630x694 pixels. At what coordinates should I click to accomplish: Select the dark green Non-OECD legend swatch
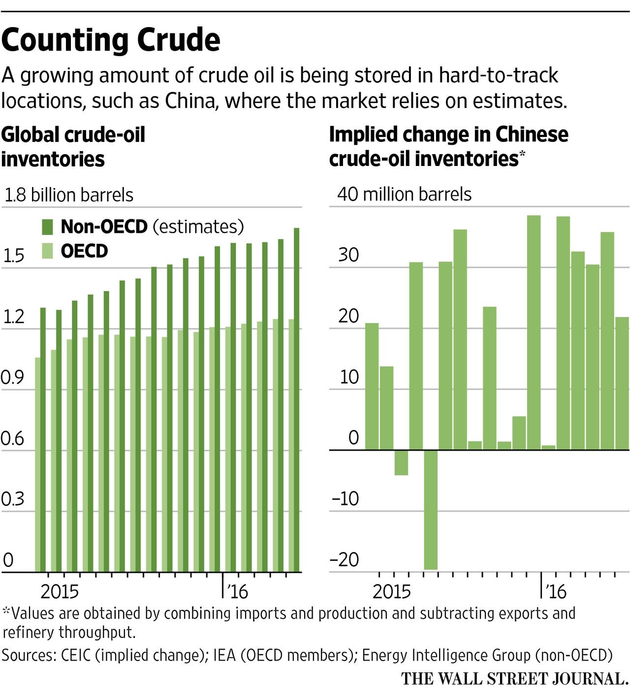pos(47,227)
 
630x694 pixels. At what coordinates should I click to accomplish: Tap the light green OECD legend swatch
pos(47,251)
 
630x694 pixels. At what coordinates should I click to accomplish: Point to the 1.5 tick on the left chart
pos(13,256)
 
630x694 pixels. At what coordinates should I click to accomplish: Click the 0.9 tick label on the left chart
pos(12,378)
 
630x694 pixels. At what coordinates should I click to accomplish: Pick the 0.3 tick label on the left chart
pos(12,499)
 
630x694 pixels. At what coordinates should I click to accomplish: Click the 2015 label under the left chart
pos(60,591)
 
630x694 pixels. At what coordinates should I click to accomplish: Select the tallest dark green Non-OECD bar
pos(297,399)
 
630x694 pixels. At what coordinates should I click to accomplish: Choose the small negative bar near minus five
pos(401,463)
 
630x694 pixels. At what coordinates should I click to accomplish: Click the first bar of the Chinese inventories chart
pos(372,386)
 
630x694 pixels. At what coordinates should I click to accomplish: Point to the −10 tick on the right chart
pos(346,499)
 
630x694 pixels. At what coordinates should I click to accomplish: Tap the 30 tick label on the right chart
pos(348,255)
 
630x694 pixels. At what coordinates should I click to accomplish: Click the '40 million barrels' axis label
pos(404,195)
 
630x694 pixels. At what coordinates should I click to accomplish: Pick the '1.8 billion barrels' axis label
pos(69,195)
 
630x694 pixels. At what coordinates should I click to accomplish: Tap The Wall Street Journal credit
pos(514,679)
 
